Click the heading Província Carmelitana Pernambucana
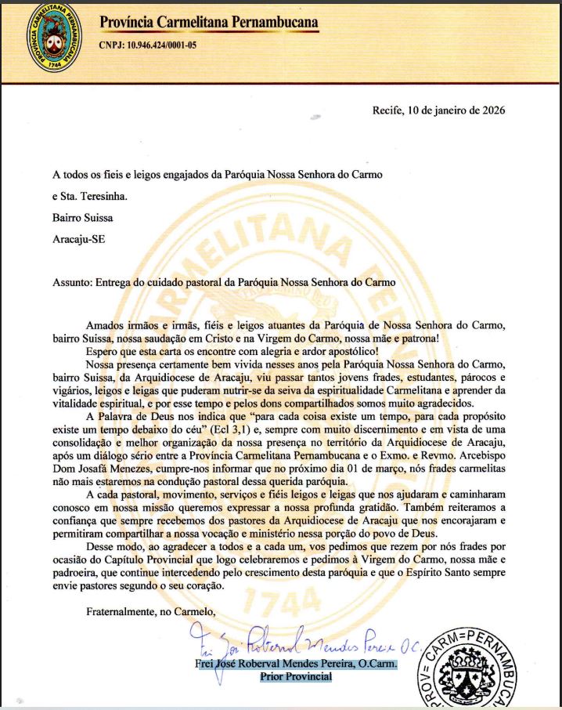point(209,23)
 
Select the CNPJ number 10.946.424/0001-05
point(161,45)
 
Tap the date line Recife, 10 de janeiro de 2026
point(438,110)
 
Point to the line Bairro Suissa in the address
point(85,218)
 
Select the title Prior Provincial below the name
point(296,677)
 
